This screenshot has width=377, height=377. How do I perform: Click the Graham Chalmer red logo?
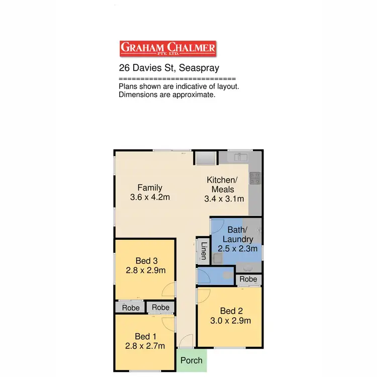(x=168, y=49)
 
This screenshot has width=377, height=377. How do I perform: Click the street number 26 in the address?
(x=124, y=67)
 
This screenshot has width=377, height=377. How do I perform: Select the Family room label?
(x=150, y=188)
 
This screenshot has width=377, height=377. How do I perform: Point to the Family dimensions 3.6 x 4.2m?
(x=150, y=197)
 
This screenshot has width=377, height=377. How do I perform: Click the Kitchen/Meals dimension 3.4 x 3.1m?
(x=224, y=199)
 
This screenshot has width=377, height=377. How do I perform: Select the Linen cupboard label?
(x=204, y=250)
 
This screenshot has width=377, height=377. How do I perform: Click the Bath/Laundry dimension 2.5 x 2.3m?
(x=237, y=248)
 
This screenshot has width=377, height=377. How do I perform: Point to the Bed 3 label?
(x=146, y=260)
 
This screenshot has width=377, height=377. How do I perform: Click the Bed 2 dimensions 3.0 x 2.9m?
(x=231, y=320)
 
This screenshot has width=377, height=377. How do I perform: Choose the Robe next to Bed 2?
(x=248, y=279)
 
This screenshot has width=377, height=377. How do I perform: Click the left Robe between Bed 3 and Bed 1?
(x=130, y=307)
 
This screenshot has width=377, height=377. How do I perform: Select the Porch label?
(x=192, y=360)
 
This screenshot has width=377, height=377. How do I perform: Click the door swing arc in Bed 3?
(x=167, y=290)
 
